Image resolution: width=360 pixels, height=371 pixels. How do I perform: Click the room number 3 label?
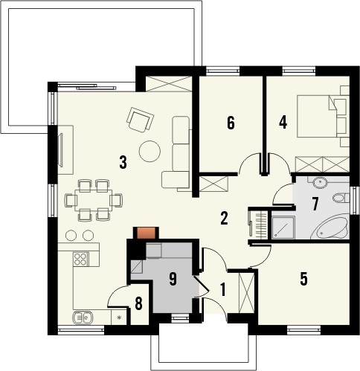[123, 162]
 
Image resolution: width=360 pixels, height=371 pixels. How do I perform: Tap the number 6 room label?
[231, 123]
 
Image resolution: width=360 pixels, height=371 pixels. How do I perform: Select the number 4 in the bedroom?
[283, 123]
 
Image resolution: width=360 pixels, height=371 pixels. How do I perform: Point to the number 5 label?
[303, 279]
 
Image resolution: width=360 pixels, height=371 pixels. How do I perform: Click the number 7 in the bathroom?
[315, 204]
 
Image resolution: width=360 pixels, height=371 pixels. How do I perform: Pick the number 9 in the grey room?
[173, 279]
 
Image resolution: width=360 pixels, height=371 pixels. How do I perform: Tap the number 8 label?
[138, 303]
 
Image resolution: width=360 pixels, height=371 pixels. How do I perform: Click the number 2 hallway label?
[224, 219]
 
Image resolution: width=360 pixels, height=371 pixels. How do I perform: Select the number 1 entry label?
[223, 290]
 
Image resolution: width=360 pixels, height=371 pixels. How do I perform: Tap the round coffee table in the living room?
[150, 151]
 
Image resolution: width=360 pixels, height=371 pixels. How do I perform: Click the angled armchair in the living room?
[140, 120]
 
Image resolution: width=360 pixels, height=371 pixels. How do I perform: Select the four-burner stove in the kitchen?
[81, 259]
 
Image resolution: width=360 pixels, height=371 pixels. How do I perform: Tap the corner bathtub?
[330, 228]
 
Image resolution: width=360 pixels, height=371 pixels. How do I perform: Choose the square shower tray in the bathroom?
[283, 228]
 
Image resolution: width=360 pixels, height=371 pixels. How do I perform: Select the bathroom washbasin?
[320, 183]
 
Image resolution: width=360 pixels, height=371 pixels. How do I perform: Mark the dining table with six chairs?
[94, 200]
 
